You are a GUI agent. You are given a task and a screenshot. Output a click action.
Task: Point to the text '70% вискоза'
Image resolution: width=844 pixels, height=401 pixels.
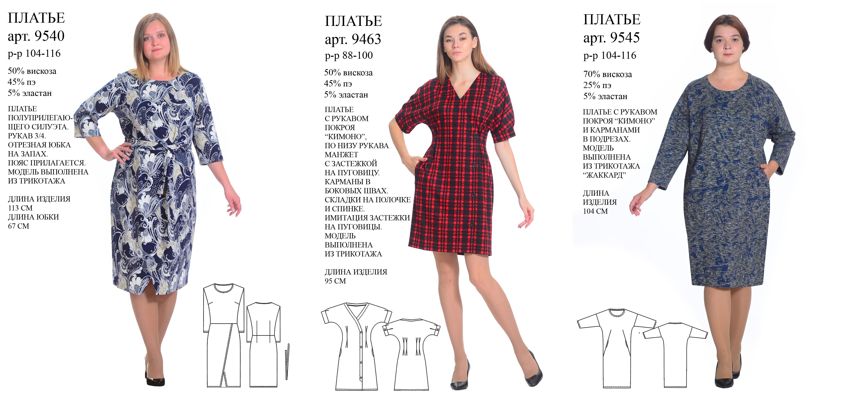click(x=608, y=74)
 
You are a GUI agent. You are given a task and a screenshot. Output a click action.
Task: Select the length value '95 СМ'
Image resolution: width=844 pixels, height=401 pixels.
click(x=335, y=281)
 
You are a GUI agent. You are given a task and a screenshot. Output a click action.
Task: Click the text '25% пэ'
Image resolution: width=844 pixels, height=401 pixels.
click(x=597, y=85)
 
